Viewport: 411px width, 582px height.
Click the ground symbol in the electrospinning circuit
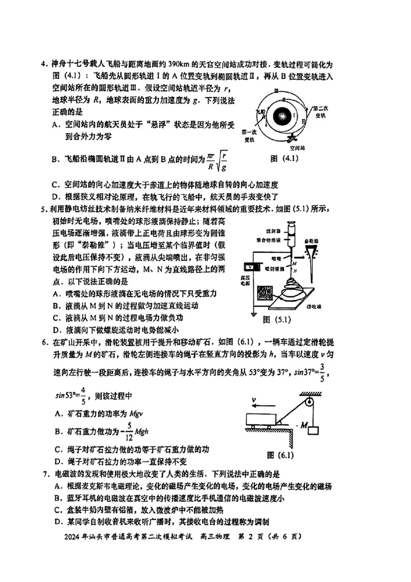(x=253, y=313)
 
